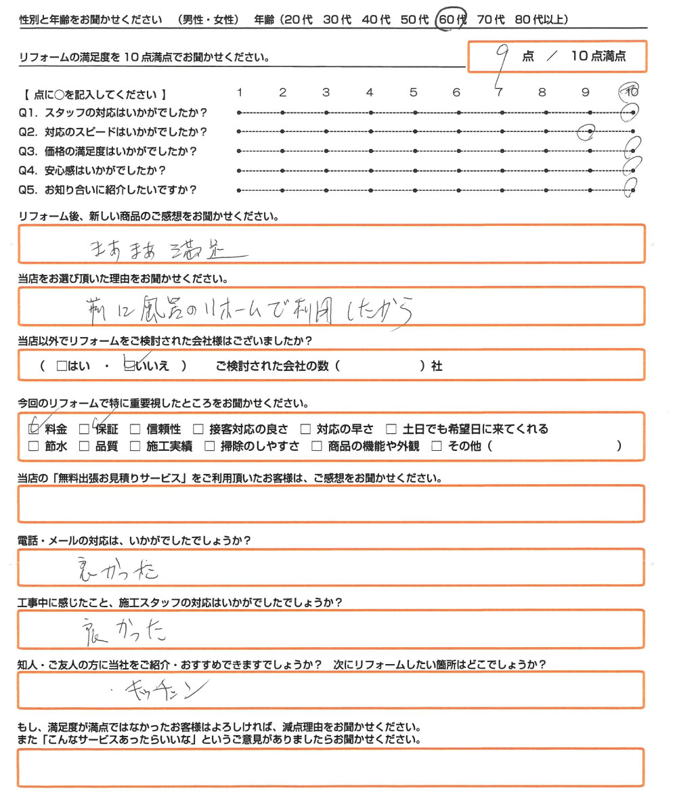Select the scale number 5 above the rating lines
[x=412, y=93]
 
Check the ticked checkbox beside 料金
[x=34, y=428]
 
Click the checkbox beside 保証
[x=85, y=428]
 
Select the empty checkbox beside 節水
[x=34, y=446]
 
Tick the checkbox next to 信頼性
[x=135, y=428]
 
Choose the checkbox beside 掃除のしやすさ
[x=209, y=446]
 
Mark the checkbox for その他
[x=436, y=446]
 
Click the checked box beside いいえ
[x=129, y=366]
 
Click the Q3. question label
[x=32, y=152]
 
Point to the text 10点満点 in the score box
[x=598, y=57]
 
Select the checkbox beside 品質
[x=85, y=446]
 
